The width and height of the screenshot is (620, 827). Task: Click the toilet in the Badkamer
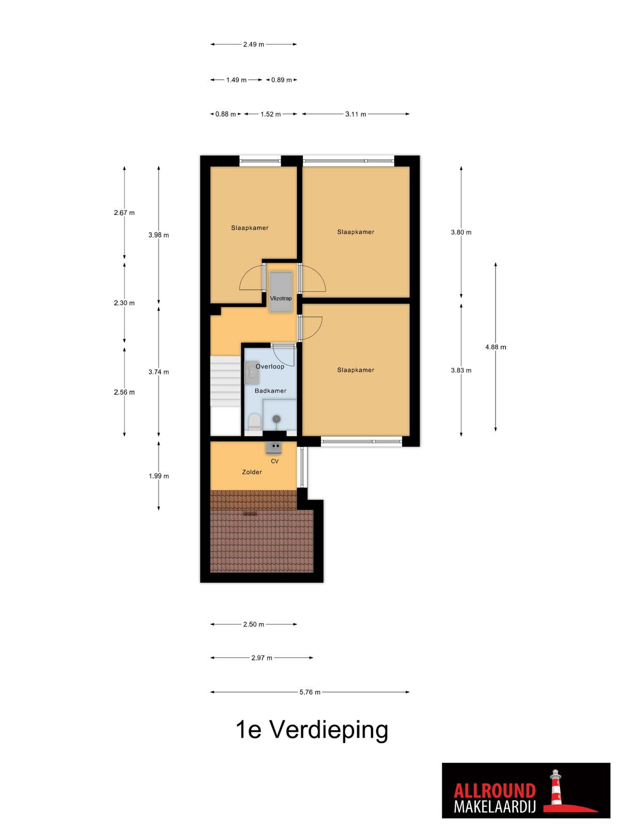(x=255, y=422)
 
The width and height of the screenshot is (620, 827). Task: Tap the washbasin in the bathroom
(x=251, y=373)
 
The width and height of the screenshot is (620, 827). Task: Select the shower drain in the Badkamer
(x=276, y=418)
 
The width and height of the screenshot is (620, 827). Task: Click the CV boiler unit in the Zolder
(x=274, y=447)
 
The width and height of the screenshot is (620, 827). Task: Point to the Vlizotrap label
(x=281, y=298)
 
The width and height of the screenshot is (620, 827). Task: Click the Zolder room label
(x=252, y=472)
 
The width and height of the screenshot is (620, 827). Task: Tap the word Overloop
(x=270, y=366)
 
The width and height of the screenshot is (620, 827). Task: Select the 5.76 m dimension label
(x=310, y=692)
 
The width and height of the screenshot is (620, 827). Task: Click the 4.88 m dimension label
(x=495, y=347)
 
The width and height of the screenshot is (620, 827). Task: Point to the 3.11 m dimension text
(x=355, y=114)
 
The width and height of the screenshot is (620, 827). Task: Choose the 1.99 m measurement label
(x=159, y=476)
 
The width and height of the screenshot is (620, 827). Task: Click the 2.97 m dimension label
(x=261, y=657)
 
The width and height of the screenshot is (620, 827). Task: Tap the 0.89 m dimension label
(x=282, y=80)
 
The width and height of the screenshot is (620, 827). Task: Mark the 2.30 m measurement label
(x=124, y=302)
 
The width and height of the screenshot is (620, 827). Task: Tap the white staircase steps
(x=225, y=381)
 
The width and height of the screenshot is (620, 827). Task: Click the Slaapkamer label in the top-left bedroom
(x=250, y=227)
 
